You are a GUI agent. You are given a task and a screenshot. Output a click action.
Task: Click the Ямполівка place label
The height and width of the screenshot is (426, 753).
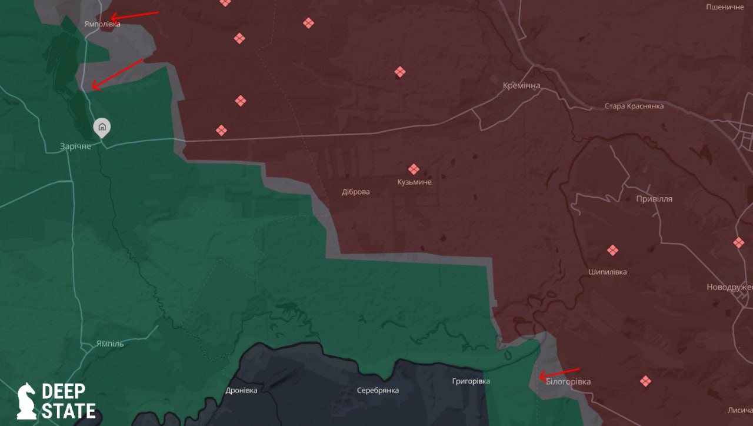pyautogui.click(x=102, y=24)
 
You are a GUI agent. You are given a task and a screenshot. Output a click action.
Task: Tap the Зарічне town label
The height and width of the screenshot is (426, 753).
pyautogui.click(x=76, y=146)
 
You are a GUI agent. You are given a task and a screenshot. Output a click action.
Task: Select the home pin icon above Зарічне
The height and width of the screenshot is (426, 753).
pyautogui.click(x=102, y=127)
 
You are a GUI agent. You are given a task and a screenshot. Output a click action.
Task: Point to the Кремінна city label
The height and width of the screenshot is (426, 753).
pyautogui.click(x=521, y=86)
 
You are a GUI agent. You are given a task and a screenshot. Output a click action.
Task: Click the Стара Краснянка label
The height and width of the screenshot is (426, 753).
pyautogui.click(x=634, y=106)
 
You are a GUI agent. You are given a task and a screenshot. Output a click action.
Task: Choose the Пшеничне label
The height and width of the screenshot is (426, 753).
pyautogui.click(x=725, y=7)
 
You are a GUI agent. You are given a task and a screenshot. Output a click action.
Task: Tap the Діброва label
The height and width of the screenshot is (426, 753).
pyautogui.click(x=356, y=192)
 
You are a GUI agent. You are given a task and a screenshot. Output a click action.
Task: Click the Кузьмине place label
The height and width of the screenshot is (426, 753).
pyautogui.click(x=414, y=182)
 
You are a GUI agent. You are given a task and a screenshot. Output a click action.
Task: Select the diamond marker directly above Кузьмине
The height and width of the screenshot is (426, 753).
pyautogui.click(x=414, y=169)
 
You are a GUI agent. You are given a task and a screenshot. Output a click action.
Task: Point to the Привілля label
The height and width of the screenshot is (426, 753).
pyautogui.click(x=654, y=199)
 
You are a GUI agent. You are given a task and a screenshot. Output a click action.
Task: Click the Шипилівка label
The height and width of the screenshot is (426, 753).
pyautogui.click(x=608, y=272)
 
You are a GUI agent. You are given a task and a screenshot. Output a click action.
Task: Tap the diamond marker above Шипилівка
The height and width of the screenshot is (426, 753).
pyautogui.click(x=612, y=251)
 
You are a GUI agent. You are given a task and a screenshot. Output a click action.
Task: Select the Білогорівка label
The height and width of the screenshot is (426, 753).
pyautogui.click(x=568, y=382)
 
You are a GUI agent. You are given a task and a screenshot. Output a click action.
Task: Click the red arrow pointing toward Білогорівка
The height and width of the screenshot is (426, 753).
pyautogui.click(x=559, y=373)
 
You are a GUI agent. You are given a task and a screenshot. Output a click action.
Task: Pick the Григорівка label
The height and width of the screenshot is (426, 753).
pyautogui.click(x=471, y=382)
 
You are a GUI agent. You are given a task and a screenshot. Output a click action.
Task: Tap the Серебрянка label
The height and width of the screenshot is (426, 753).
pyautogui.click(x=378, y=391)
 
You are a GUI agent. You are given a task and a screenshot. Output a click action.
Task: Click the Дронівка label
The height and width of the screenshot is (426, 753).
pyautogui.click(x=241, y=391)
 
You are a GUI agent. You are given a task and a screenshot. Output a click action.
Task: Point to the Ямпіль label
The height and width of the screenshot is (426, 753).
pyautogui.click(x=110, y=344)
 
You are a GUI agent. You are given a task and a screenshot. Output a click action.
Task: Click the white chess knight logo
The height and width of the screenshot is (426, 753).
pyautogui.click(x=26, y=401)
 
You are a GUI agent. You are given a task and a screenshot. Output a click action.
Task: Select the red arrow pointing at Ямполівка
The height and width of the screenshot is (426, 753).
pyautogui.click(x=135, y=15)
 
